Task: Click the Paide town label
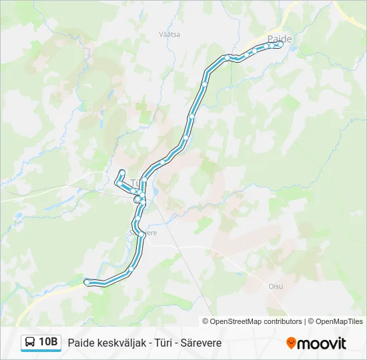(279, 39)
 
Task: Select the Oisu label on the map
(276, 286)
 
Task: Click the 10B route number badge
(49, 343)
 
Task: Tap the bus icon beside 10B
(31, 343)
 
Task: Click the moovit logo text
(322, 343)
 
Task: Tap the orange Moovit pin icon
(291, 343)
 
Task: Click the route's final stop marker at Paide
(281, 44)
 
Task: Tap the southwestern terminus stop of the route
(87, 282)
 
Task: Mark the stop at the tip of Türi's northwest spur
(121, 173)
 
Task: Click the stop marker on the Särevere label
(142, 233)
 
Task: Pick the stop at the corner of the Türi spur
(118, 182)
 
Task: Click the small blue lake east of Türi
(155, 193)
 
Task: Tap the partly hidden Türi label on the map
(135, 182)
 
